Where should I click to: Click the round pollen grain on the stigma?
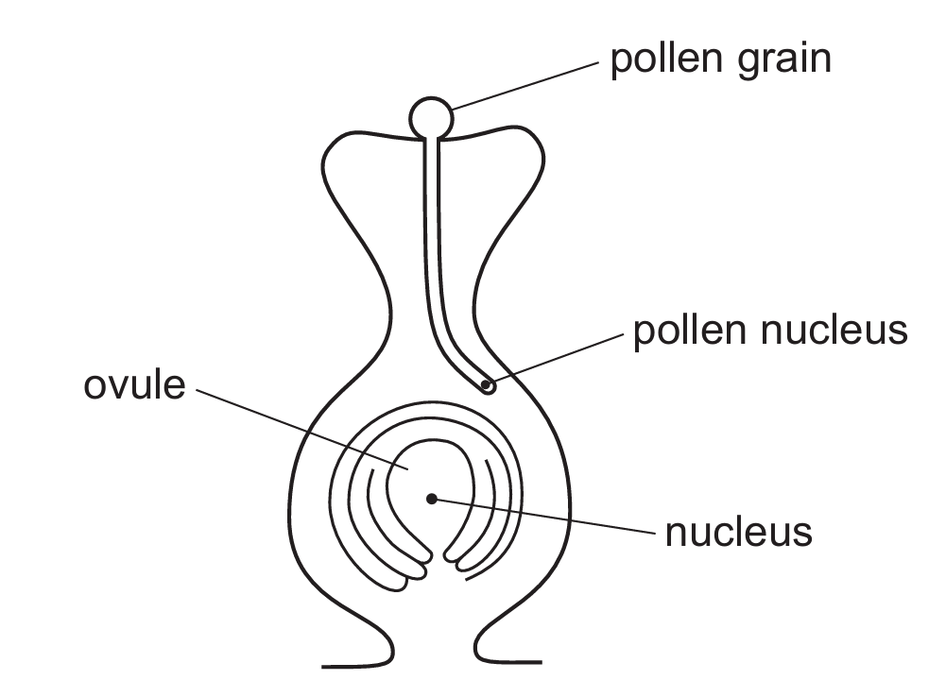point(431,117)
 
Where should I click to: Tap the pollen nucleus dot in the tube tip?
point(486,384)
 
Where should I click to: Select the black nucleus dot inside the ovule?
point(431,499)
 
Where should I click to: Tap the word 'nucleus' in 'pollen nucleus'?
point(834,331)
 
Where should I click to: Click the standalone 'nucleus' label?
point(738,533)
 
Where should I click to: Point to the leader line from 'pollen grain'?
point(525,86)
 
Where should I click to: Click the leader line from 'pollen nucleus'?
point(555,359)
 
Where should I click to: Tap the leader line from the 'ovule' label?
point(302,430)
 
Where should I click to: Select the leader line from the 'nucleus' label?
point(543,516)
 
